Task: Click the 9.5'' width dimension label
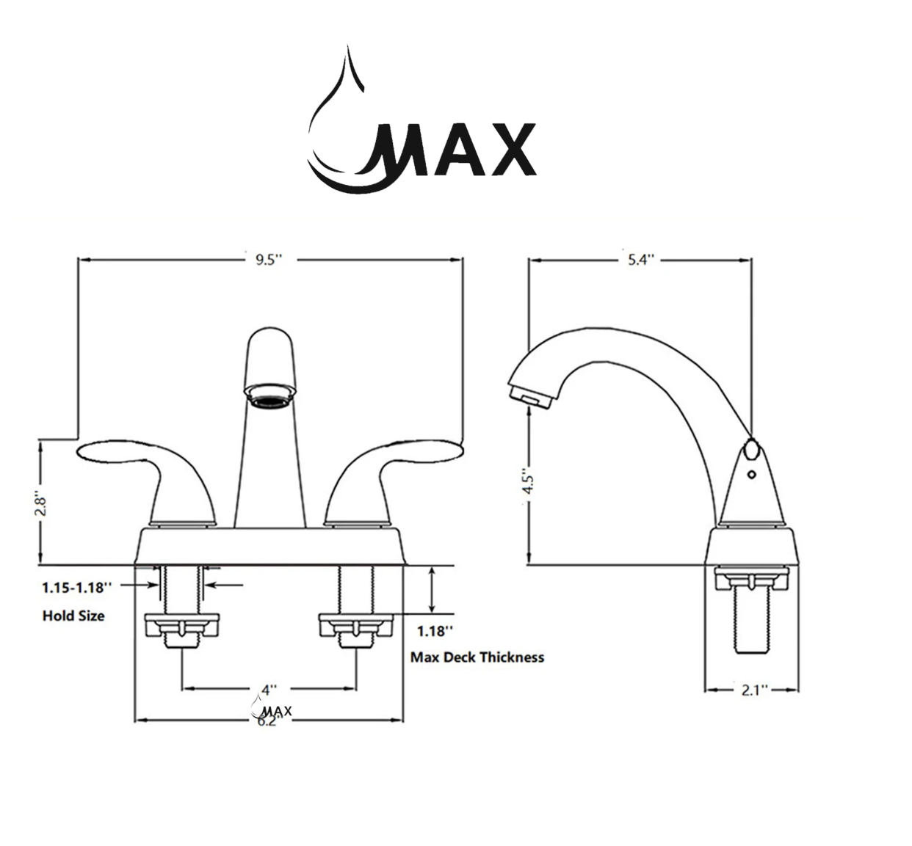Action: (269, 260)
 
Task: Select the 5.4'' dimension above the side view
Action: (640, 260)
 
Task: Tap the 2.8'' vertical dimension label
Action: (42, 506)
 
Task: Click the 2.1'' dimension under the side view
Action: (753, 690)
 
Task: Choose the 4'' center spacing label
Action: (269, 690)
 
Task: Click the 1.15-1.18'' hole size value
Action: (77, 588)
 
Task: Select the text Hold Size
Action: (73, 616)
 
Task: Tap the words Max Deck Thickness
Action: (477, 657)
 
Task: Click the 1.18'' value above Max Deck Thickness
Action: (435, 631)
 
